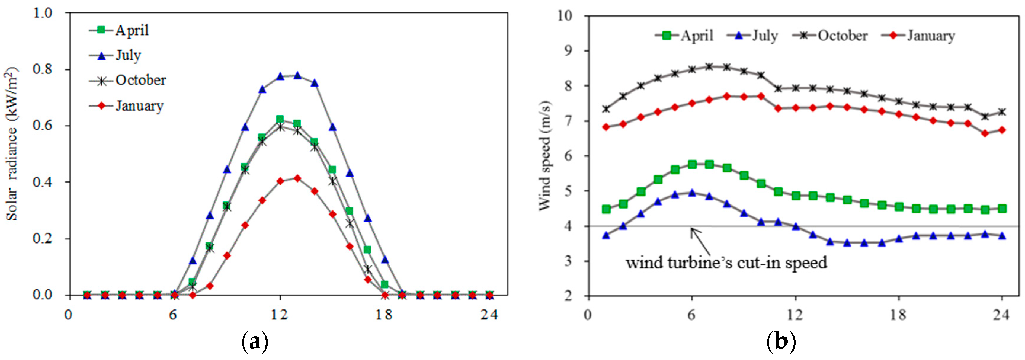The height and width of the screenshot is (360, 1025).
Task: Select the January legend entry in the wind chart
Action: coord(930,36)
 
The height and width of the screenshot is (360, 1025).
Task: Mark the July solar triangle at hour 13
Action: coord(297,75)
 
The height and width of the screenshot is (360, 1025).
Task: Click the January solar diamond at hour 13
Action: coord(297,178)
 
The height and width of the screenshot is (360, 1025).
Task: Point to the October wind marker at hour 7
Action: coord(709,66)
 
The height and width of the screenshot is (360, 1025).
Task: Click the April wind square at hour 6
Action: coord(692,164)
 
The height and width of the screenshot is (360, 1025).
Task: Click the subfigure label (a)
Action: coord(255,342)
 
